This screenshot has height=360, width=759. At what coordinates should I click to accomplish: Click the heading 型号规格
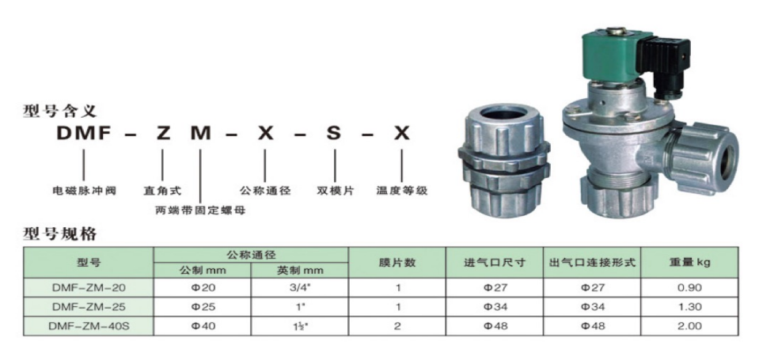[59, 234]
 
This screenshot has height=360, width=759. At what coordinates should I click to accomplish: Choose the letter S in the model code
[333, 135]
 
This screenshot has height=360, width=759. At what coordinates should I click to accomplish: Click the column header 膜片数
[404, 262]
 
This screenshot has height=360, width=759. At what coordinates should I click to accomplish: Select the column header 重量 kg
[689, 262]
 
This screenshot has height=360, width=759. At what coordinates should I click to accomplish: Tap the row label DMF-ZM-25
[87, 306]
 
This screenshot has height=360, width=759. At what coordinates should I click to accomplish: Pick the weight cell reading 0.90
[689, 288]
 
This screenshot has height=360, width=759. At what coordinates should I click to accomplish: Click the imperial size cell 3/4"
[300, 288]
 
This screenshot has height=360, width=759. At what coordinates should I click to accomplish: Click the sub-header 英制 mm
[300, 271]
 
